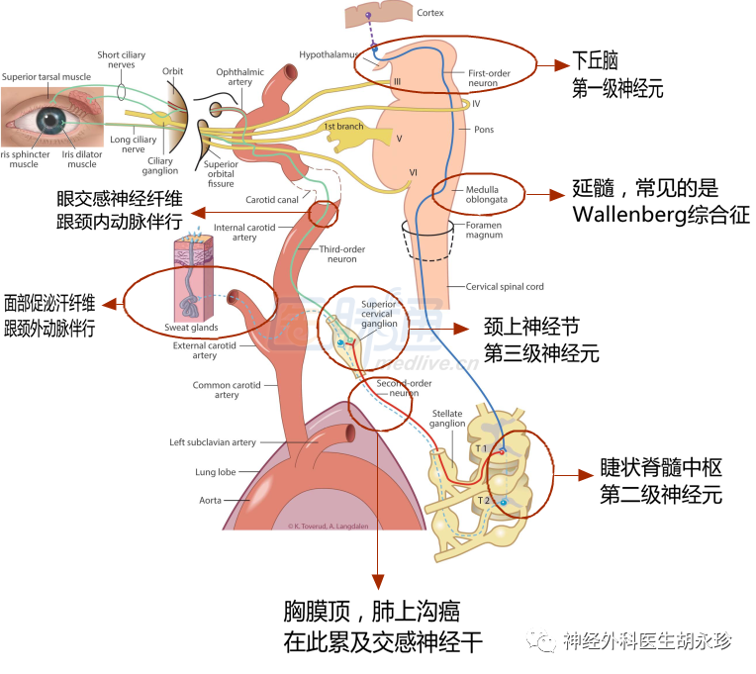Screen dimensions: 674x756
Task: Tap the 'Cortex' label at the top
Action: pos(430,13)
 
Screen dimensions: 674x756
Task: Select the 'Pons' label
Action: pos(483,129)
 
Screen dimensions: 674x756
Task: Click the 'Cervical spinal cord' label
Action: pos(505,287)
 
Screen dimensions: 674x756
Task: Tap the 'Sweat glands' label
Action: pos(191,327)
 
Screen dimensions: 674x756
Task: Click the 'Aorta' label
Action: pos(210,500)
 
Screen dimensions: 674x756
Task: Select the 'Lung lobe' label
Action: pos(215,472)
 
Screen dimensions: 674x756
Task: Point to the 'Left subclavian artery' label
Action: pos(212,442)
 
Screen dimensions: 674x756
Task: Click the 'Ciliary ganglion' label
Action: pos(159,165)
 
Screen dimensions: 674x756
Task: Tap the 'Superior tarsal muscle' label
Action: pos(46,76)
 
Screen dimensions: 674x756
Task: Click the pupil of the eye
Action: pos(49,120)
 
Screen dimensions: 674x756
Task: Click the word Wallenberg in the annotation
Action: pos(627,214)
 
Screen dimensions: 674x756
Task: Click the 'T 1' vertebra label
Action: pos(480,448)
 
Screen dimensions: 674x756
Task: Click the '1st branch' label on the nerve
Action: pos(343,127)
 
